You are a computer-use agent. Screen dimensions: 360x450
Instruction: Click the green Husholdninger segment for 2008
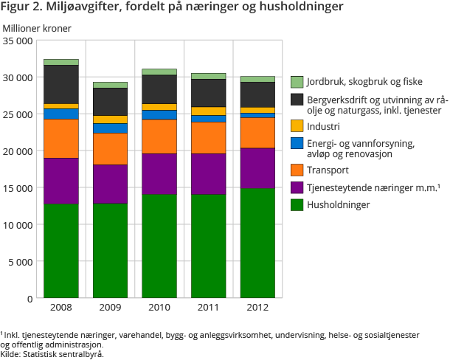[61, 251]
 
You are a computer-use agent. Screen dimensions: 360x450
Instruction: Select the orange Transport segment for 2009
[110, 148]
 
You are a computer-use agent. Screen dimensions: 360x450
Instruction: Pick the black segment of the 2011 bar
[208, 93]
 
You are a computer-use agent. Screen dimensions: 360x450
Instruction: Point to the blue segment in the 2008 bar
[61, 114]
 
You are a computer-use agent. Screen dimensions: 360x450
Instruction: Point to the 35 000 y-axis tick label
[18, 41]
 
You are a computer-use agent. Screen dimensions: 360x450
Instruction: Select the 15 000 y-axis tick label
[18, 187]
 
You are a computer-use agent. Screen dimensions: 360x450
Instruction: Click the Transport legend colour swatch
[297, 170]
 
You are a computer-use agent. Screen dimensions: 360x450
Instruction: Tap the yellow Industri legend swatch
[297, 126]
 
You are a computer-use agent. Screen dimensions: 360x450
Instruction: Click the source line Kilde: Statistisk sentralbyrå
[52, 353]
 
